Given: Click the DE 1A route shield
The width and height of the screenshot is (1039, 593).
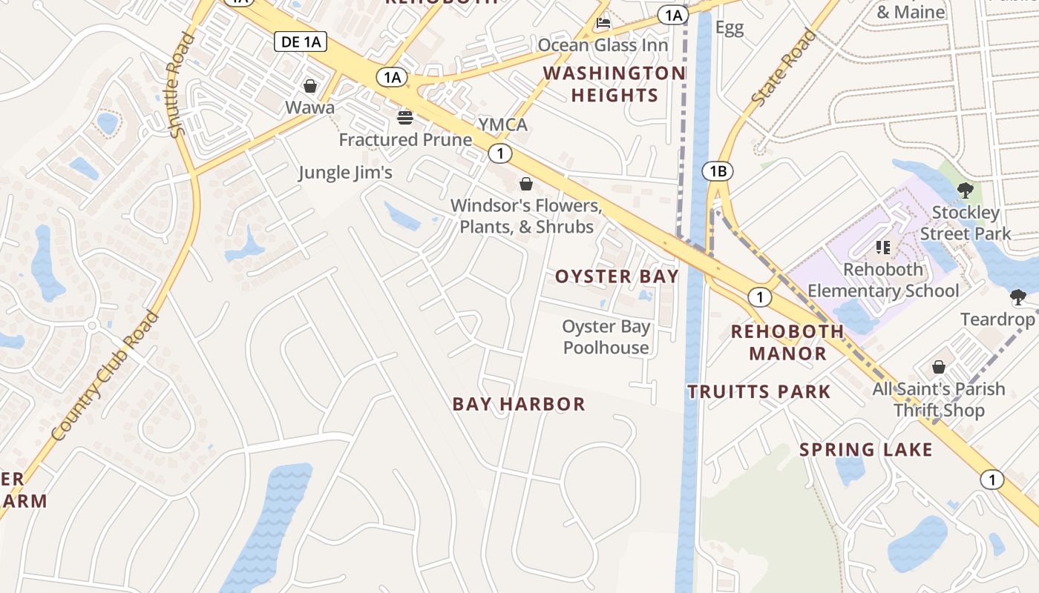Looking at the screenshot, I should coord(301,42).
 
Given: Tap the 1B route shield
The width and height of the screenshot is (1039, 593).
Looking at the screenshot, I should coord(717,172).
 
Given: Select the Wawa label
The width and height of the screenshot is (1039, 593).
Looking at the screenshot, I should coord(309,107).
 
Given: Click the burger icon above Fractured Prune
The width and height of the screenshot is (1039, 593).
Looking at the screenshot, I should coord(405,117).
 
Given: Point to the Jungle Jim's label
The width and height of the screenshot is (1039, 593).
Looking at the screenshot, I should coord(345,173).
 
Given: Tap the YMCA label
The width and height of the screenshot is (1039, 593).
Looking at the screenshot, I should coord(502,125).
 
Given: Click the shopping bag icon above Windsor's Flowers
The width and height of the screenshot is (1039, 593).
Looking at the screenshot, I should coord(526,184).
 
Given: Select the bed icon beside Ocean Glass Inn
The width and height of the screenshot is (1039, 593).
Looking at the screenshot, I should coord(603,24).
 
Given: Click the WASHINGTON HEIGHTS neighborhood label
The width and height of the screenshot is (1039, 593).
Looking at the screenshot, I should coord(614,84).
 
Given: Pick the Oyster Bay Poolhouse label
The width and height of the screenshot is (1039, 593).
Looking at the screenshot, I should coord(606,337).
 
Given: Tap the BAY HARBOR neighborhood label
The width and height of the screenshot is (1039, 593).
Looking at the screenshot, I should coord(519,404).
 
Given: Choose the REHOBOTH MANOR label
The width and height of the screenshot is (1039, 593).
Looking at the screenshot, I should coord(787,342).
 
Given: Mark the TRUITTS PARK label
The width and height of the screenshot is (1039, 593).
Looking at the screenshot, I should coord(758,391).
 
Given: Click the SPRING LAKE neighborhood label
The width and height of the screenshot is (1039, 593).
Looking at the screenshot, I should coord(865,449).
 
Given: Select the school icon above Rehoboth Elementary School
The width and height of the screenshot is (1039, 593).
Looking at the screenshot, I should coord(883,247).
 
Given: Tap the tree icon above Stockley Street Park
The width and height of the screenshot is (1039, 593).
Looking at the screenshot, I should coord(965,190).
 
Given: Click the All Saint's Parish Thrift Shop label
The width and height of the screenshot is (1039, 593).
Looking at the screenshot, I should coord(939,400).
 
